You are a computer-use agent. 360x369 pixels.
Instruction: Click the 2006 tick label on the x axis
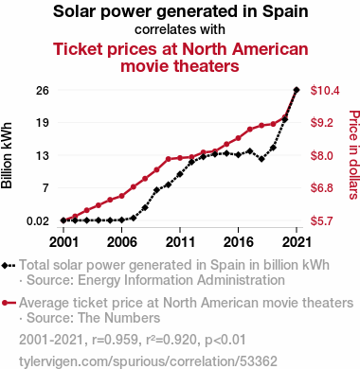click(x=122, y=242)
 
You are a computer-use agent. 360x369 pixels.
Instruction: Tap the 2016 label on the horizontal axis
click(x=239, y=242)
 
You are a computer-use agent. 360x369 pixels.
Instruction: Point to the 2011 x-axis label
click(x=180, y=242)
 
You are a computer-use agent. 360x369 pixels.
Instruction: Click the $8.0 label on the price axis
click(x=322, y=155)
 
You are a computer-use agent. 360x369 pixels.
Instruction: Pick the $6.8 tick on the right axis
click(x=322, y=188)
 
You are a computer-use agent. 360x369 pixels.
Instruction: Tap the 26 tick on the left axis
click(x=43, y=91)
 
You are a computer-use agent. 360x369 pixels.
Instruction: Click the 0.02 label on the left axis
click(x=38, y=221)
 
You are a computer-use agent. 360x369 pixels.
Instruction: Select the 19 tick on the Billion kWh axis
click(x=43, y=123)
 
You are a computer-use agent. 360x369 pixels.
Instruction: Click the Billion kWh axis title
click(x=7, y=155)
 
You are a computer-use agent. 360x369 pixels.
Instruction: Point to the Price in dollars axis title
click(x=354, y=154)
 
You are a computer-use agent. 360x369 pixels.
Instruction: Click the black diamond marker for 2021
click(x=297, y=90)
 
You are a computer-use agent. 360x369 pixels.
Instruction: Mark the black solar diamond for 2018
click(x=261, y=159)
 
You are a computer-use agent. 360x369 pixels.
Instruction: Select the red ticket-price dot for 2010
click(x=169, y=159)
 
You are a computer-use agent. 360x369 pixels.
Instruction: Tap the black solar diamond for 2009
click(x=156, y=190)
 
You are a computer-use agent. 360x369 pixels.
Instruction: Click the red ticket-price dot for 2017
click(x=250, y=129)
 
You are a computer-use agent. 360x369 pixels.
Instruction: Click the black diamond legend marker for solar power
click(x=9, y=265)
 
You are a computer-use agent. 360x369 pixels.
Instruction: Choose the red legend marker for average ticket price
click(x=9, y=303)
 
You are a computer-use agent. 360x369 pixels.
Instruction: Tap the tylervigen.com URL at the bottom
click(x=148, y=361)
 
